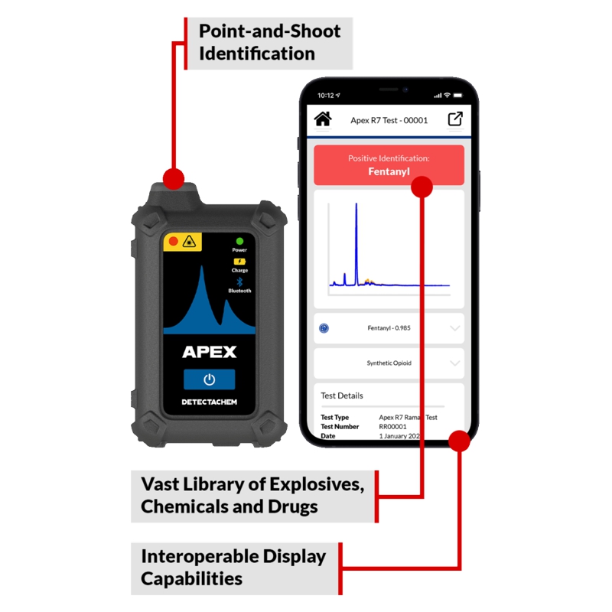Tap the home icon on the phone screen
pos(323,119)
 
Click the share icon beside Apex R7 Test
pos(455,119)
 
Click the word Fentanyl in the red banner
pos(389,171)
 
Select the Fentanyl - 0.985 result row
pos(389,328)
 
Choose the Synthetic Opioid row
pos(389,363)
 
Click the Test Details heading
pos(342,396)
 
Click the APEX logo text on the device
pos(209,352)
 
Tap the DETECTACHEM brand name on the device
pos(209,402)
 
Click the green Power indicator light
pos(239,240)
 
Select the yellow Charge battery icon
pos(239,262)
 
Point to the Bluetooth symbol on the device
pos(239,282)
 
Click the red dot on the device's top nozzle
pos(174,179)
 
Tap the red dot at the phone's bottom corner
pos(459,441)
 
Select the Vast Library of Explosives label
pos(252,495)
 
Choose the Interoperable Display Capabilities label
pos(233,567)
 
